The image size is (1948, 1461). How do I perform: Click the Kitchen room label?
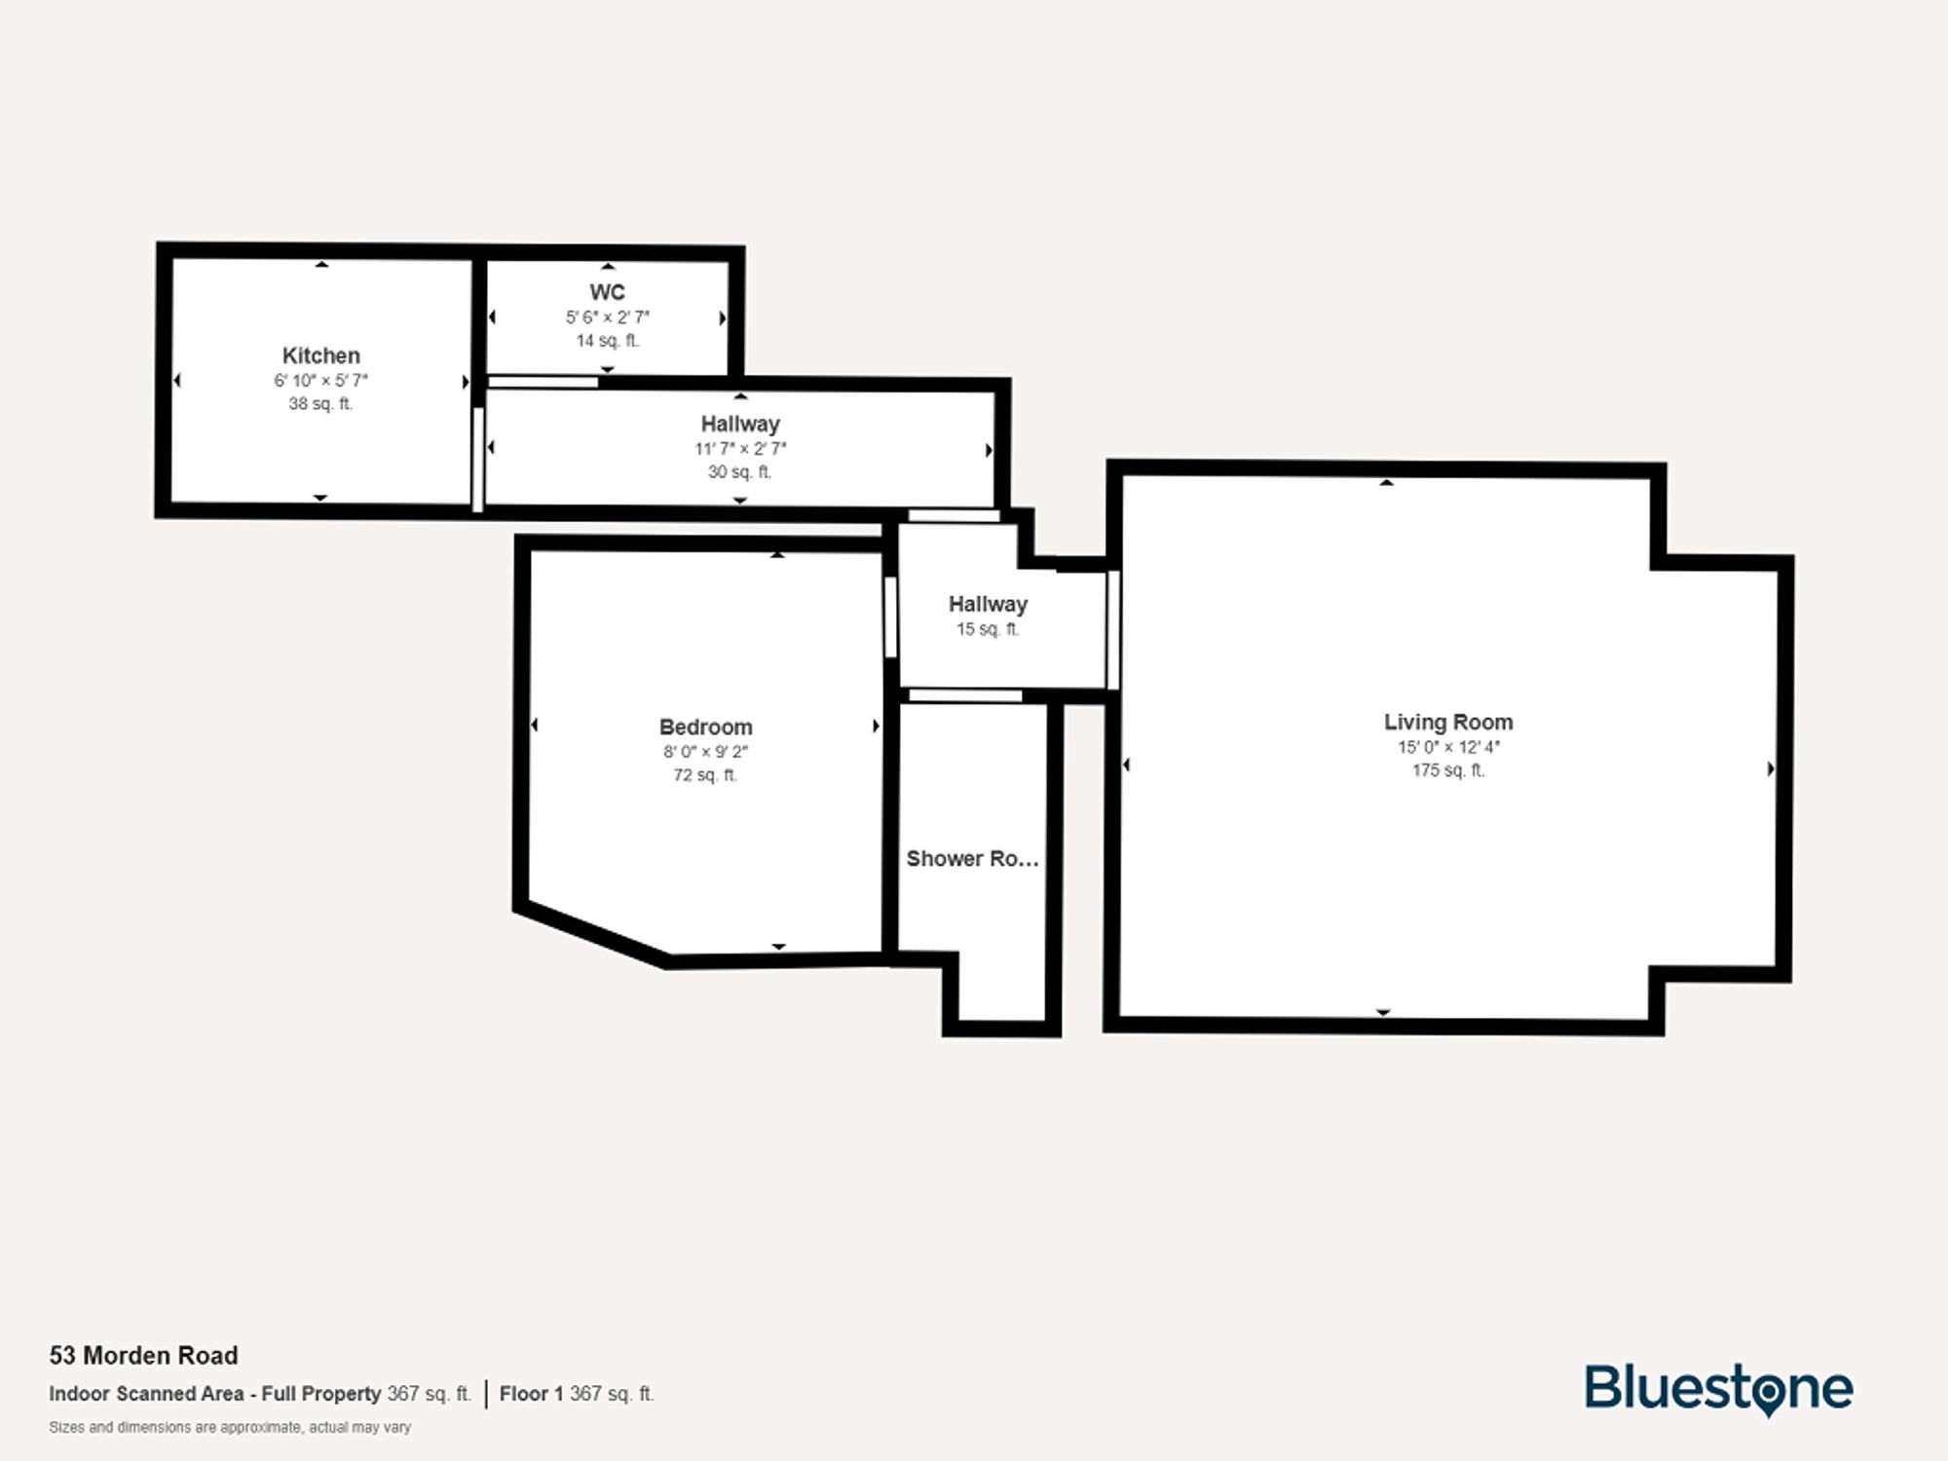pyautogui.click(x=320, y=356)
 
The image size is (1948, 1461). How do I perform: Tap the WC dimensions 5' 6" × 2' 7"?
pyautogui.click(x=607, y=318)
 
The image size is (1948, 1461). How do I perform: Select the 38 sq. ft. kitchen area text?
pyautogui.click(x=320, y=403)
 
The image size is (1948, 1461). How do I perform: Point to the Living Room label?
pyautogui.click(x=1448, y=722)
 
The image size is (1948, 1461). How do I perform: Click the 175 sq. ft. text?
pyautogui.click(x=1448, y=770)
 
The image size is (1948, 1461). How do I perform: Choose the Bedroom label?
pyautogui.click(x=705, y=727)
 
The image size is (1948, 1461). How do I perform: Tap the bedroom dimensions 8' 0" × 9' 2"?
pyautogui.click(x=705, y=752)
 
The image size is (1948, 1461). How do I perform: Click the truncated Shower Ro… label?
pyautogui.click(x=972, y=858)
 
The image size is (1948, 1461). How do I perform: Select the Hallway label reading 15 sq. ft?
pyautogui.click(x=988, y=604)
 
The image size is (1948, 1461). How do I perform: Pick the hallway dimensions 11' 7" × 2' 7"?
pyautogui.click(x=740, y=449)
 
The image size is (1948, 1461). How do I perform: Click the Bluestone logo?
pyautogui.click(x=1718, y=1388)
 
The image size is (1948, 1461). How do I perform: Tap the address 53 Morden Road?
pyautogui.click(x=144, y=1355)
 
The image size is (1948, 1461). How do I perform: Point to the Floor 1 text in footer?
pyautogui.click(x=531, y=1394)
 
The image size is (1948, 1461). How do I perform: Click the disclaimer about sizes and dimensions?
pyautogui.click(x=230, y=1427)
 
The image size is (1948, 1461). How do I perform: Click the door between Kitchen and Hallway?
pyautogui.click(x=478, y=458)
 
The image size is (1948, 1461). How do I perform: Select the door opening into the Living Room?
pyautogui.click(x=1113, y=630)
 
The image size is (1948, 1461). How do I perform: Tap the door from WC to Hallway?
pyautogui.click(x=543, y=382)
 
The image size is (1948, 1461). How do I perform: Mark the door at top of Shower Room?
pyautogui.click(x=965, y=695)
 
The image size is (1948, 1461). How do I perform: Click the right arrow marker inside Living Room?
pyautogui.click(x=1770, y=768)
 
